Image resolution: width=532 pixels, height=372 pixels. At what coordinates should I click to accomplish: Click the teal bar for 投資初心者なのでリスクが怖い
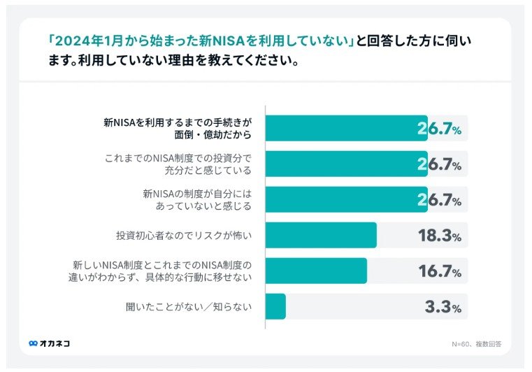point(321,235)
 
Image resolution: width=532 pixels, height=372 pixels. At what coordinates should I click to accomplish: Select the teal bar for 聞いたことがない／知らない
point(275,306)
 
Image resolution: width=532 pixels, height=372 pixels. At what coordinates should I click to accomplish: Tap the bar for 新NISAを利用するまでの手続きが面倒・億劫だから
point(346,129)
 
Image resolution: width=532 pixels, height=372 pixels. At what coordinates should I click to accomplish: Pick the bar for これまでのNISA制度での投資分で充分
point(346,164)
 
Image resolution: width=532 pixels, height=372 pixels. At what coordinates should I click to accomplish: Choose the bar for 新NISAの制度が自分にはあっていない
point(346,199)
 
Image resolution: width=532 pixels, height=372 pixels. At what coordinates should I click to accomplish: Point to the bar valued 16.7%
point(316,271)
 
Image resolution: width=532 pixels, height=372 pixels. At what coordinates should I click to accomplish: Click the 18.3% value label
point(439,236)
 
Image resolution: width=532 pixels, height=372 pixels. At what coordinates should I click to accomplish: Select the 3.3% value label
point(443,307)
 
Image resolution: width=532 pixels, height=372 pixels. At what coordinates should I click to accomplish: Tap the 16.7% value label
point(439,271)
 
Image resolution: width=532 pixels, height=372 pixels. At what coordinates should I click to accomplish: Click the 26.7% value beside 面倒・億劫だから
point(439,129)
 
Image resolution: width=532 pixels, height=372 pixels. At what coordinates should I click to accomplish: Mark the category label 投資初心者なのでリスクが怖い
point(183,236)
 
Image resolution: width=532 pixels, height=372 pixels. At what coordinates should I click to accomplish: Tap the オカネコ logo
point(50,343)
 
